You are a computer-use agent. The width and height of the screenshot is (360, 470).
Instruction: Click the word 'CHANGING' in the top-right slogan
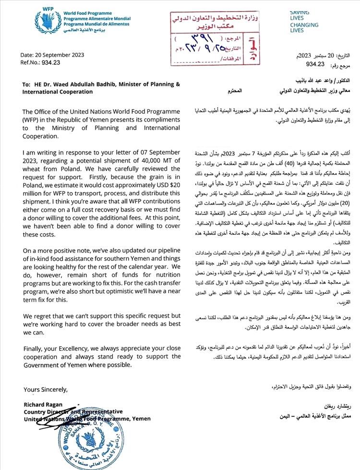304,24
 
